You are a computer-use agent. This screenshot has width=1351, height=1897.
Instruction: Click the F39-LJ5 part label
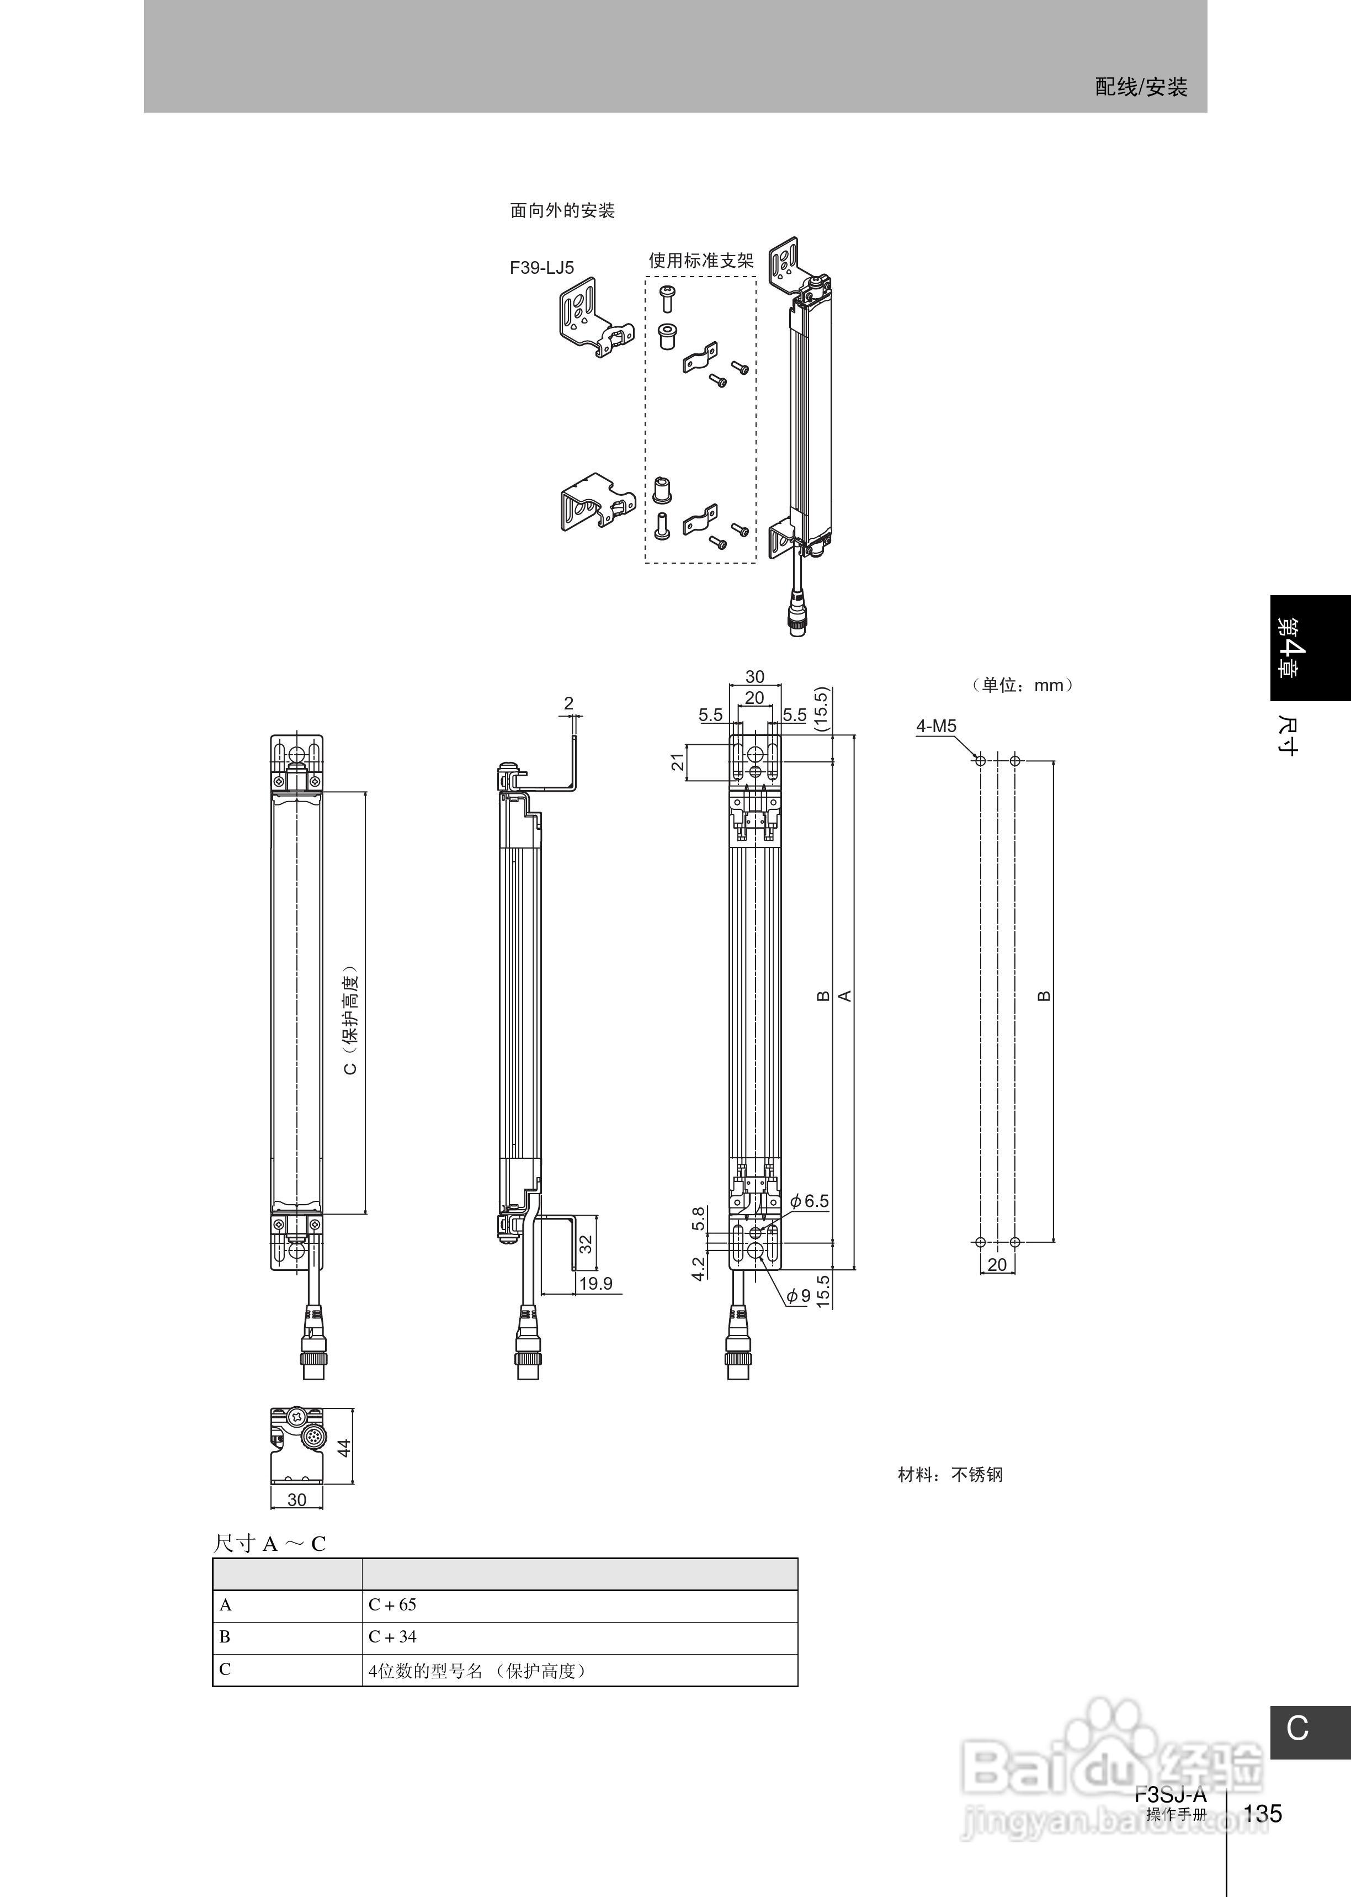[x=541, y=268]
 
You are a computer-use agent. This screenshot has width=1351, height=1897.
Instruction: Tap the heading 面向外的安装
[x=562, y=210]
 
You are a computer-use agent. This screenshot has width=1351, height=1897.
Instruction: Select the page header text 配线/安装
[x=1141, y=87]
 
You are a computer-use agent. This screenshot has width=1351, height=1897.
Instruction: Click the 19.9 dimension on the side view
[x=595, y=1283]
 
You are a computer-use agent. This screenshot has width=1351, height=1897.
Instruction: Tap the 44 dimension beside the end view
[x=344, y=1447]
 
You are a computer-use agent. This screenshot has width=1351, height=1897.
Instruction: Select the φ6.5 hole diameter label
[x=810, y=1201]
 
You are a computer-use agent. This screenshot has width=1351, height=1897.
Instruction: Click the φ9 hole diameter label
[x=799, y=1295]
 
